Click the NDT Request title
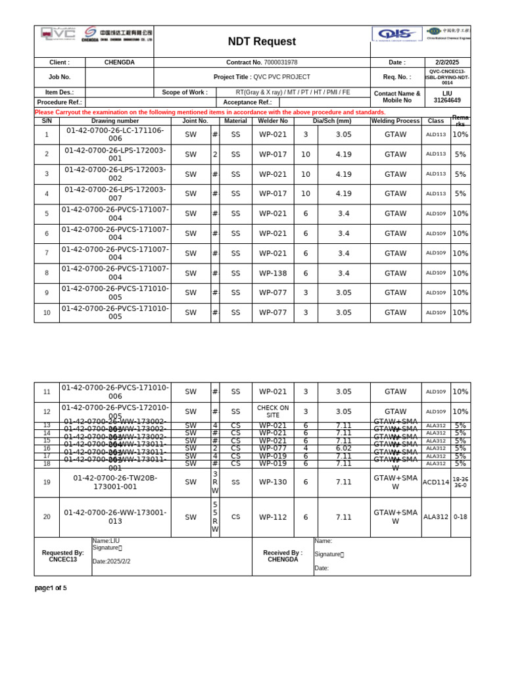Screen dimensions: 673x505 (261, 41)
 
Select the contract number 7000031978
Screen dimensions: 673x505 (280, 62)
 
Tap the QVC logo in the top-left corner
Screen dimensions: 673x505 (58, 34)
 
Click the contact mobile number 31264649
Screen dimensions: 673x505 (447, 101)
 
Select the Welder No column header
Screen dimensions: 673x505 (273, 121)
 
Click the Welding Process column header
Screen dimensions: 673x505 (395, 121)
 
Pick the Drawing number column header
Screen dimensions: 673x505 (115, 121)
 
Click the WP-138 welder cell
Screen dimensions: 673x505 (273, 273)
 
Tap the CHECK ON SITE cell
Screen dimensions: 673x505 (273, 411)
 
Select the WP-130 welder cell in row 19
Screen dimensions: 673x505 (273, 482)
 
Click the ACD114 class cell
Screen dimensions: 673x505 (436, 482)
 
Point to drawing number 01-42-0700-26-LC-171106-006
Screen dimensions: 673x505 (115, 135)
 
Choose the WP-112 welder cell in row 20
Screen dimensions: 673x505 (273, 517)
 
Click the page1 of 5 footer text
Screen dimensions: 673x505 (51, 588)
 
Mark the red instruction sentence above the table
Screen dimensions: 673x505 (210, 112)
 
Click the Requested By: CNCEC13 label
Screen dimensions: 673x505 (63, 556)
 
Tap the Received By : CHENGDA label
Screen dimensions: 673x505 (283, 556)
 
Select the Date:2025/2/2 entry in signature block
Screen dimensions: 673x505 (112, 561)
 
